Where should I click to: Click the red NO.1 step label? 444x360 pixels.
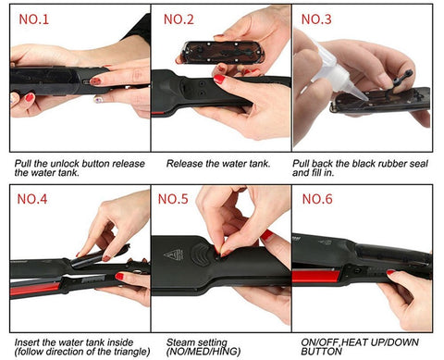[34, 19]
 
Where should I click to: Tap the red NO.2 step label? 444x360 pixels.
[179, 19]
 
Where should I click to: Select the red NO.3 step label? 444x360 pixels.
[316, 19]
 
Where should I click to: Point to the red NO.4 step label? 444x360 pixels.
[32, 199]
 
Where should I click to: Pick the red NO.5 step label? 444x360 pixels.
[173, 199]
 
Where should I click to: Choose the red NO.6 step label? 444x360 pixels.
[317, 199]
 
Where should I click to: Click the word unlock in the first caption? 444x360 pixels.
[65, 163]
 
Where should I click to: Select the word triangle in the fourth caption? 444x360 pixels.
[131, 352]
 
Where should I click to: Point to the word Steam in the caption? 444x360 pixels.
[179, 342]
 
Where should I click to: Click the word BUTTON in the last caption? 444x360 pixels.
[322, 352]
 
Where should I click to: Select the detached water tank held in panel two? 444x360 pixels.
[223, 52]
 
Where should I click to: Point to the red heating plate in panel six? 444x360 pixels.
[316, 276]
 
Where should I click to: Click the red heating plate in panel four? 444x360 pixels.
[35, 289]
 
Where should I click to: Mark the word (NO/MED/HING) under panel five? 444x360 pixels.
[203, 352]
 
